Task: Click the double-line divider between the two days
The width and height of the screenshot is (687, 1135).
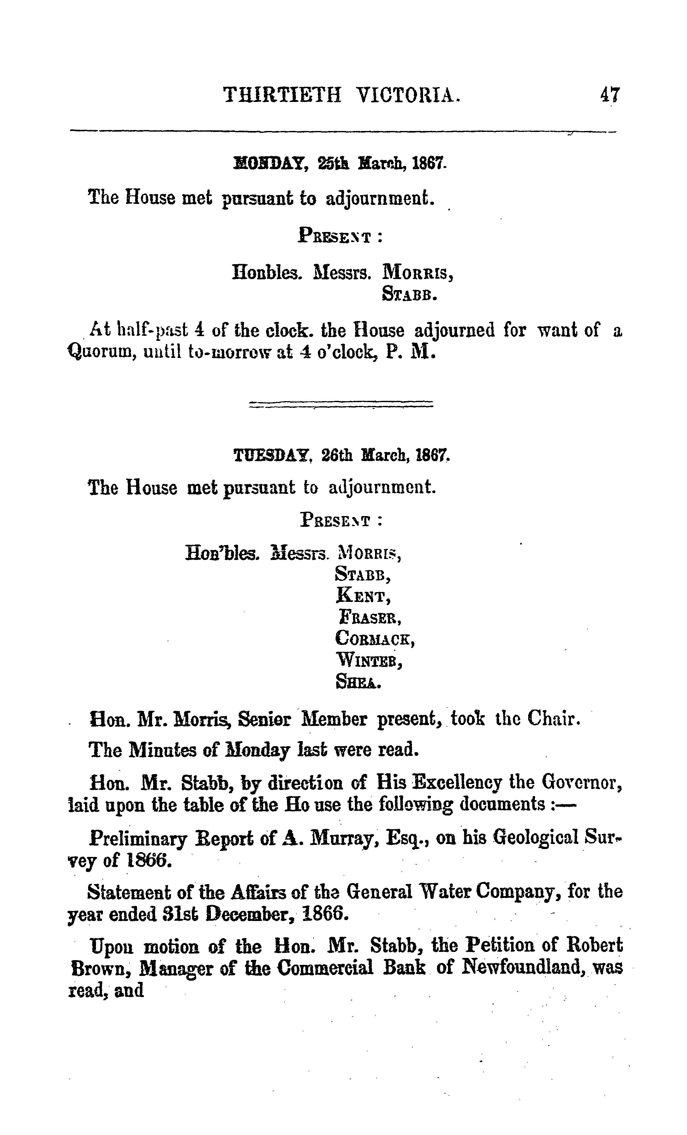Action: (x=341, y=404)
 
